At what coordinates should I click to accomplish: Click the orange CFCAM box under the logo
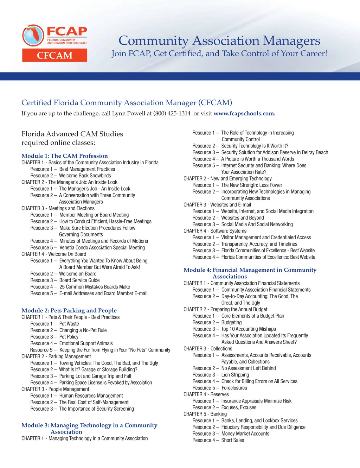coord(54,55)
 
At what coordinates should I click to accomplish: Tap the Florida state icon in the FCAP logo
coord(33,36)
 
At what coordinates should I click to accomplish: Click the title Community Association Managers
coord(219,40)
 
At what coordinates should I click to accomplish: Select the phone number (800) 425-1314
coord(172,113)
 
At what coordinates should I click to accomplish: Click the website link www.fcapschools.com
coord(244,113)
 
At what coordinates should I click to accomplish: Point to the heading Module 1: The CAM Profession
coord(65,156)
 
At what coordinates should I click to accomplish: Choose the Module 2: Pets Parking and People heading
coord(69,310)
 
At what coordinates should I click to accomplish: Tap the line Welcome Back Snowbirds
coord(85,176)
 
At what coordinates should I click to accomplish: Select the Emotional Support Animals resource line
coord(86,343)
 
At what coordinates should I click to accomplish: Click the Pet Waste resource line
coord(69,324)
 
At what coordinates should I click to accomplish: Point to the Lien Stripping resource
coord(235,375)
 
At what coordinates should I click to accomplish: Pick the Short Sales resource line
coord(232,440)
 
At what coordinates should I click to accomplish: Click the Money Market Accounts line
coord(245,434)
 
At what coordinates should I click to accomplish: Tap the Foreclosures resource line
coord(234,388)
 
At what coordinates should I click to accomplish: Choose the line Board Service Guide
coord(79,280)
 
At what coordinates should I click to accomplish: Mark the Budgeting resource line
coord(231,322)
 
